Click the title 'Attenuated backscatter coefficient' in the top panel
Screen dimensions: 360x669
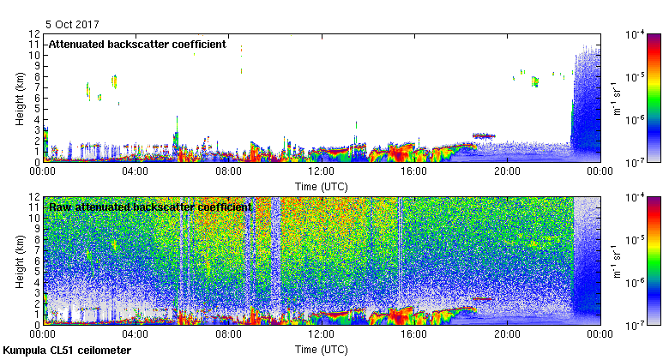tap(136, 44)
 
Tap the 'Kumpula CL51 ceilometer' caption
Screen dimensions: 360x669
tap(67, 351)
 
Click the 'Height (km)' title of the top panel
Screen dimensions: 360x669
tap(19, 98)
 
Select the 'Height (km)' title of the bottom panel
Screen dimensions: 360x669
tap(19, 261)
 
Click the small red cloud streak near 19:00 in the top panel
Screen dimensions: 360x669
tap(485, 135)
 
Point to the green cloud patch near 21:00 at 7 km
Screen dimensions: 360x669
tap(534, 81)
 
